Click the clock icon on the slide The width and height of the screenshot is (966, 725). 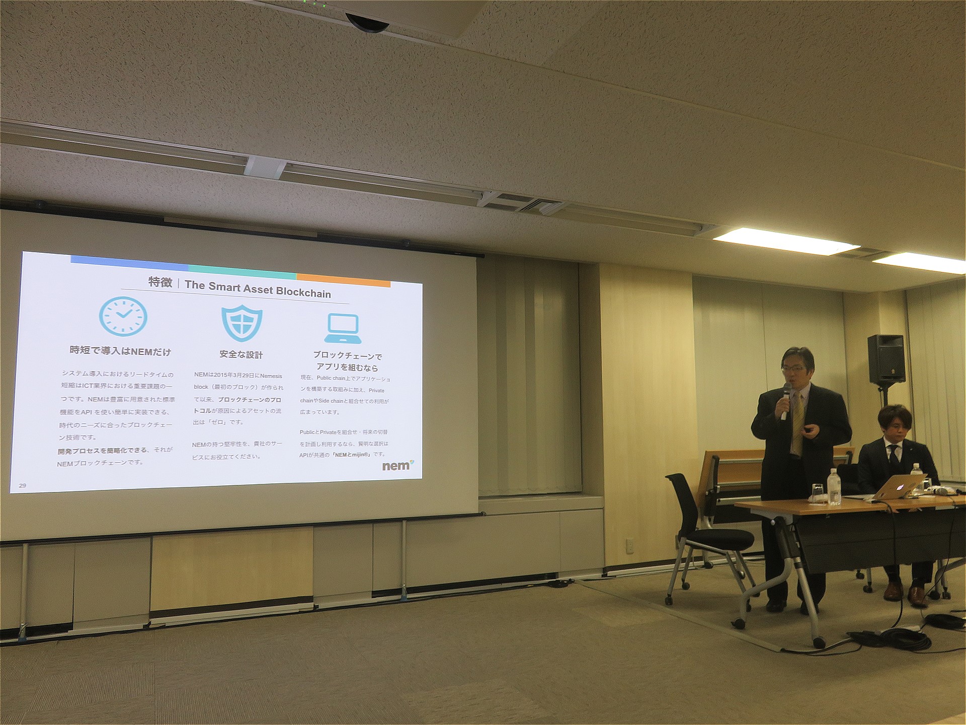(123, 316)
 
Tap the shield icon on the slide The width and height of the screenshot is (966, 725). (242, 322)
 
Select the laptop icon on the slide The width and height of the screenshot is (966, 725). (343, 329)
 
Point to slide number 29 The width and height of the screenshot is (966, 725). (22, 485)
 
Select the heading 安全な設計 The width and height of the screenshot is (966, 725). (241, 354)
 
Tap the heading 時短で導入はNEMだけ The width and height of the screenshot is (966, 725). (120, 351)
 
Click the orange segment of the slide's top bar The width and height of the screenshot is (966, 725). (344, 280)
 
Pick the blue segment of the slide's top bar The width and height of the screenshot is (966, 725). (129, 261)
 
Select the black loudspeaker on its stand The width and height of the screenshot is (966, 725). (886, 358)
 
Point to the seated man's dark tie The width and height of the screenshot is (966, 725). (894, 456)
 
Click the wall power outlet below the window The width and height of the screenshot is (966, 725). (629, 545)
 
